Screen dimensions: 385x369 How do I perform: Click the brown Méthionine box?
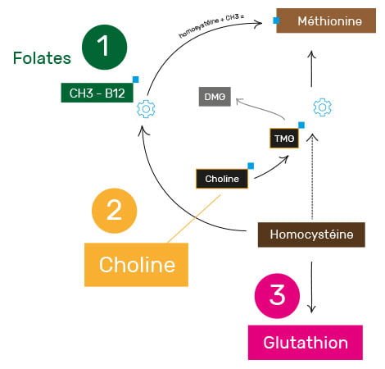click(326, 20)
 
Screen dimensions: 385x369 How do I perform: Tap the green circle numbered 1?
click(104, 47)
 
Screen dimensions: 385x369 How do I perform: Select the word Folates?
click(42, 58)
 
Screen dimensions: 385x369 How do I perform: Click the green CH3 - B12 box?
click(97, 93)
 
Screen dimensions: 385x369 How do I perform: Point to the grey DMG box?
click(215, 97)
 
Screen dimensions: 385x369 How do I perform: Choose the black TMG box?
click(284, 139)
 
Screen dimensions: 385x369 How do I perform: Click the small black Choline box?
click(222, 179)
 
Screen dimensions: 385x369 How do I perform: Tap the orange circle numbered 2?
click(114, 211)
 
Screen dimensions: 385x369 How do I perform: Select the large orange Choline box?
click(136, 265)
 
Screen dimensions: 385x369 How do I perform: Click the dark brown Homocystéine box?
click(311, 235)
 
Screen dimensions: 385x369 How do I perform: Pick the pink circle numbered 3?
click(277, 296)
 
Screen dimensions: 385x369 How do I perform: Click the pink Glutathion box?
click(306, 342)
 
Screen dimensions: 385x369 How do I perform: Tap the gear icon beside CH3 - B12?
click(146, 109)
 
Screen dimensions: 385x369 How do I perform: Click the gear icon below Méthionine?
click(322, 107)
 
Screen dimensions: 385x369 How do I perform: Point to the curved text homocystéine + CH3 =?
click(211, 25)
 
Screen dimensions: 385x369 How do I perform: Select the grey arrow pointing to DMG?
click(260, 107)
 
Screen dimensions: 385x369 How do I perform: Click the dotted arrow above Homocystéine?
click(312, 177)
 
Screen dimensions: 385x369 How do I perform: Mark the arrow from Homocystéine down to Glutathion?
click(311, 287)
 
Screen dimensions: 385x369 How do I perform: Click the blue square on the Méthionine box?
click(276, 20)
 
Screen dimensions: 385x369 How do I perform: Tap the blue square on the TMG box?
click(301, 125)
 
